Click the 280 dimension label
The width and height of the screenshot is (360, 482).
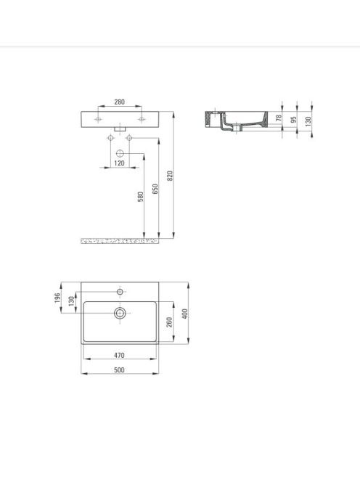tap(119, 102)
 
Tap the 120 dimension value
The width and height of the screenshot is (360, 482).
tap(119, 163)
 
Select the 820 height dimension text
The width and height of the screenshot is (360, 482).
tap(170, 176)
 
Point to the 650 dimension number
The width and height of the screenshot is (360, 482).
tap(155, 189)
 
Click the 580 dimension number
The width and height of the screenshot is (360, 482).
tap(141, 197)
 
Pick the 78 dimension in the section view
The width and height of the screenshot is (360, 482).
tap(279, 118)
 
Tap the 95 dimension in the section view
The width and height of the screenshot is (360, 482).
tap(294, 119)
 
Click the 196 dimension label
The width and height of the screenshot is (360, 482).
tap(57, 298)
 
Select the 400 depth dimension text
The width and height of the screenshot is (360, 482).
tap(185, 314)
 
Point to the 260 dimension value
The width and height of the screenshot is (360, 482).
tap(170, 322)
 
